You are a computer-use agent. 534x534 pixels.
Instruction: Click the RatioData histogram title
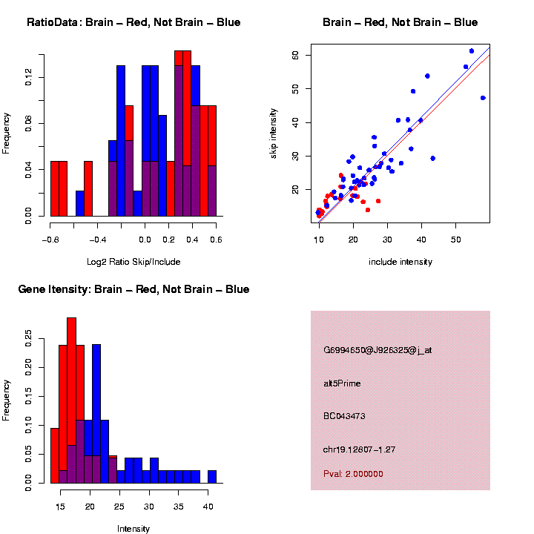[x=133, y=22]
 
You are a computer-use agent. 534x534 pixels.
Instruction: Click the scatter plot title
[x=400, y=22]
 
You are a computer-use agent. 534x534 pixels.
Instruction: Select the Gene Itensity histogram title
[x=133, y=289]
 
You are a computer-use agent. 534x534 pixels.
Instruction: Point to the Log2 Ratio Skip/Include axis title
[x=133, y=261]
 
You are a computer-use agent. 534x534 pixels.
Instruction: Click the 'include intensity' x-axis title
[x=400, y=261]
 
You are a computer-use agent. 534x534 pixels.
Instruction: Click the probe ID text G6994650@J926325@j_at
[x=378, y=350]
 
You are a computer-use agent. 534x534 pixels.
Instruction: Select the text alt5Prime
[x=342, y=383]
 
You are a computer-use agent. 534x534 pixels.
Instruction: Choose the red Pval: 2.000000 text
[x=353, y=473]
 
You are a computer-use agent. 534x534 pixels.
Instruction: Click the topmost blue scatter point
[x=472, y=51]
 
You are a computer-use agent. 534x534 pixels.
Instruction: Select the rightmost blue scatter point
[x=483, y=98]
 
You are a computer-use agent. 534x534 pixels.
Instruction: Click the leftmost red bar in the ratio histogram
[x=54, y=188]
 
